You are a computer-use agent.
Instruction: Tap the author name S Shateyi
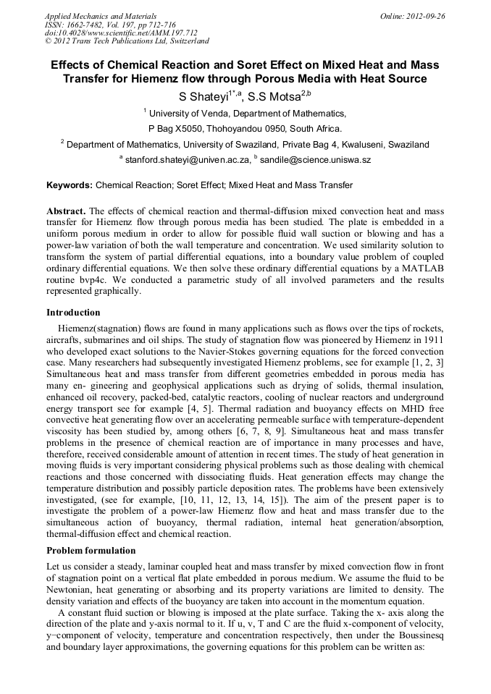point(203,97)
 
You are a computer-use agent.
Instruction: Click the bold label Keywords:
point(70,185)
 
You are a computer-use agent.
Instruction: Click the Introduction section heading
point(73,313)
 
